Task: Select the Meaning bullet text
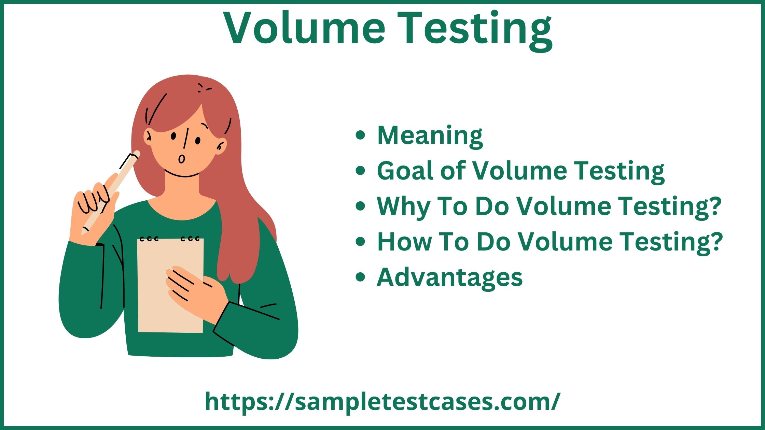coord(430,135)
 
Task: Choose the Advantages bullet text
coord(449,277)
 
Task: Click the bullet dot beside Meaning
coord(360,135)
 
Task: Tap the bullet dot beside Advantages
coord(360,277)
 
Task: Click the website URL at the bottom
coord(382,401)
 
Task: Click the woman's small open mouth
coord(181,159)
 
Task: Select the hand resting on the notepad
coord(195,290)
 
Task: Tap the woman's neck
coord(182,188)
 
